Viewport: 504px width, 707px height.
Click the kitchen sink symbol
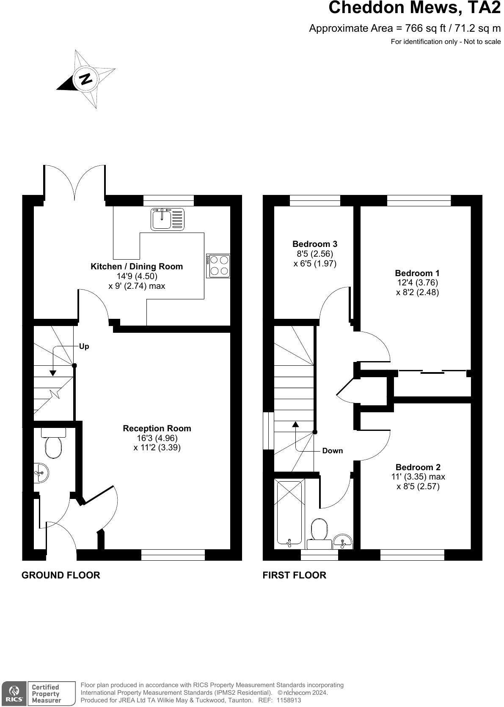tap(167, 219)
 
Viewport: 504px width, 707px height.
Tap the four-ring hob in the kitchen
tap(218, 266)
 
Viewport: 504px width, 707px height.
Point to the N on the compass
tap(86, 79)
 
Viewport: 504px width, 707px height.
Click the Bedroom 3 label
tap(315, 244)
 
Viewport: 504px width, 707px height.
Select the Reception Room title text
tap(157, 428)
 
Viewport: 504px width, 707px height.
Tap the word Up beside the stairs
tap(84, 346)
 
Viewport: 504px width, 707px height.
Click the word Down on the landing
tap(333, 451)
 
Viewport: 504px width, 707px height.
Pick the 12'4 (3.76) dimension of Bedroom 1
tap(417, 282)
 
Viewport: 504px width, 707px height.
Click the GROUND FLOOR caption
tap(61, 575)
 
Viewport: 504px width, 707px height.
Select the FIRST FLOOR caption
tap(295, 575)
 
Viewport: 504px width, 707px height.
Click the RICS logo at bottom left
tap(14, 693)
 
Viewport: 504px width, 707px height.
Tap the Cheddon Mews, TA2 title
tap(414, 8)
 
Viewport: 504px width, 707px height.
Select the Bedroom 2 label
tap(418, 467)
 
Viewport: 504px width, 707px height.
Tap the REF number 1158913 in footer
tap(289, 700)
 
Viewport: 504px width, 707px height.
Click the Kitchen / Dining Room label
tap(137, 266)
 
